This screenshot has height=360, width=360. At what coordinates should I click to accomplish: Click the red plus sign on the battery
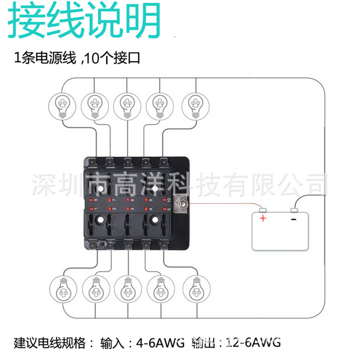click(263, 219)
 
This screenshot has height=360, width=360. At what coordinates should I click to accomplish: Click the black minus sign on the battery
click(294, 219)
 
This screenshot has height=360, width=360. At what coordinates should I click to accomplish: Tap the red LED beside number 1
click(91, 209)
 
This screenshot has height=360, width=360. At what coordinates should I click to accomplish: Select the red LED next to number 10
click(164, 200)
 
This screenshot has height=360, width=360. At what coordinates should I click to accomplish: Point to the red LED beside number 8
click(128, 200)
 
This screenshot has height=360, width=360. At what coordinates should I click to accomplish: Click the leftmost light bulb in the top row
click(63, 104)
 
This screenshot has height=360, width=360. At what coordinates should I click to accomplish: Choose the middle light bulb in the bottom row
click(128, 289)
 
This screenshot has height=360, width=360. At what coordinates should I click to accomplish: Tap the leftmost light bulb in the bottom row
click(62, 289)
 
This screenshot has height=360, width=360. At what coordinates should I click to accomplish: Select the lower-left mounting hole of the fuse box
click(101, 219)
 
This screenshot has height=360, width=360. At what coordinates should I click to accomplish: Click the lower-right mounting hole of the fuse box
click(156, 219)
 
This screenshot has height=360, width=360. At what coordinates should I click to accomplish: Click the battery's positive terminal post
click(262, 210)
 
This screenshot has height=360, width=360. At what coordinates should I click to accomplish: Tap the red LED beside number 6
click(91, 200)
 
